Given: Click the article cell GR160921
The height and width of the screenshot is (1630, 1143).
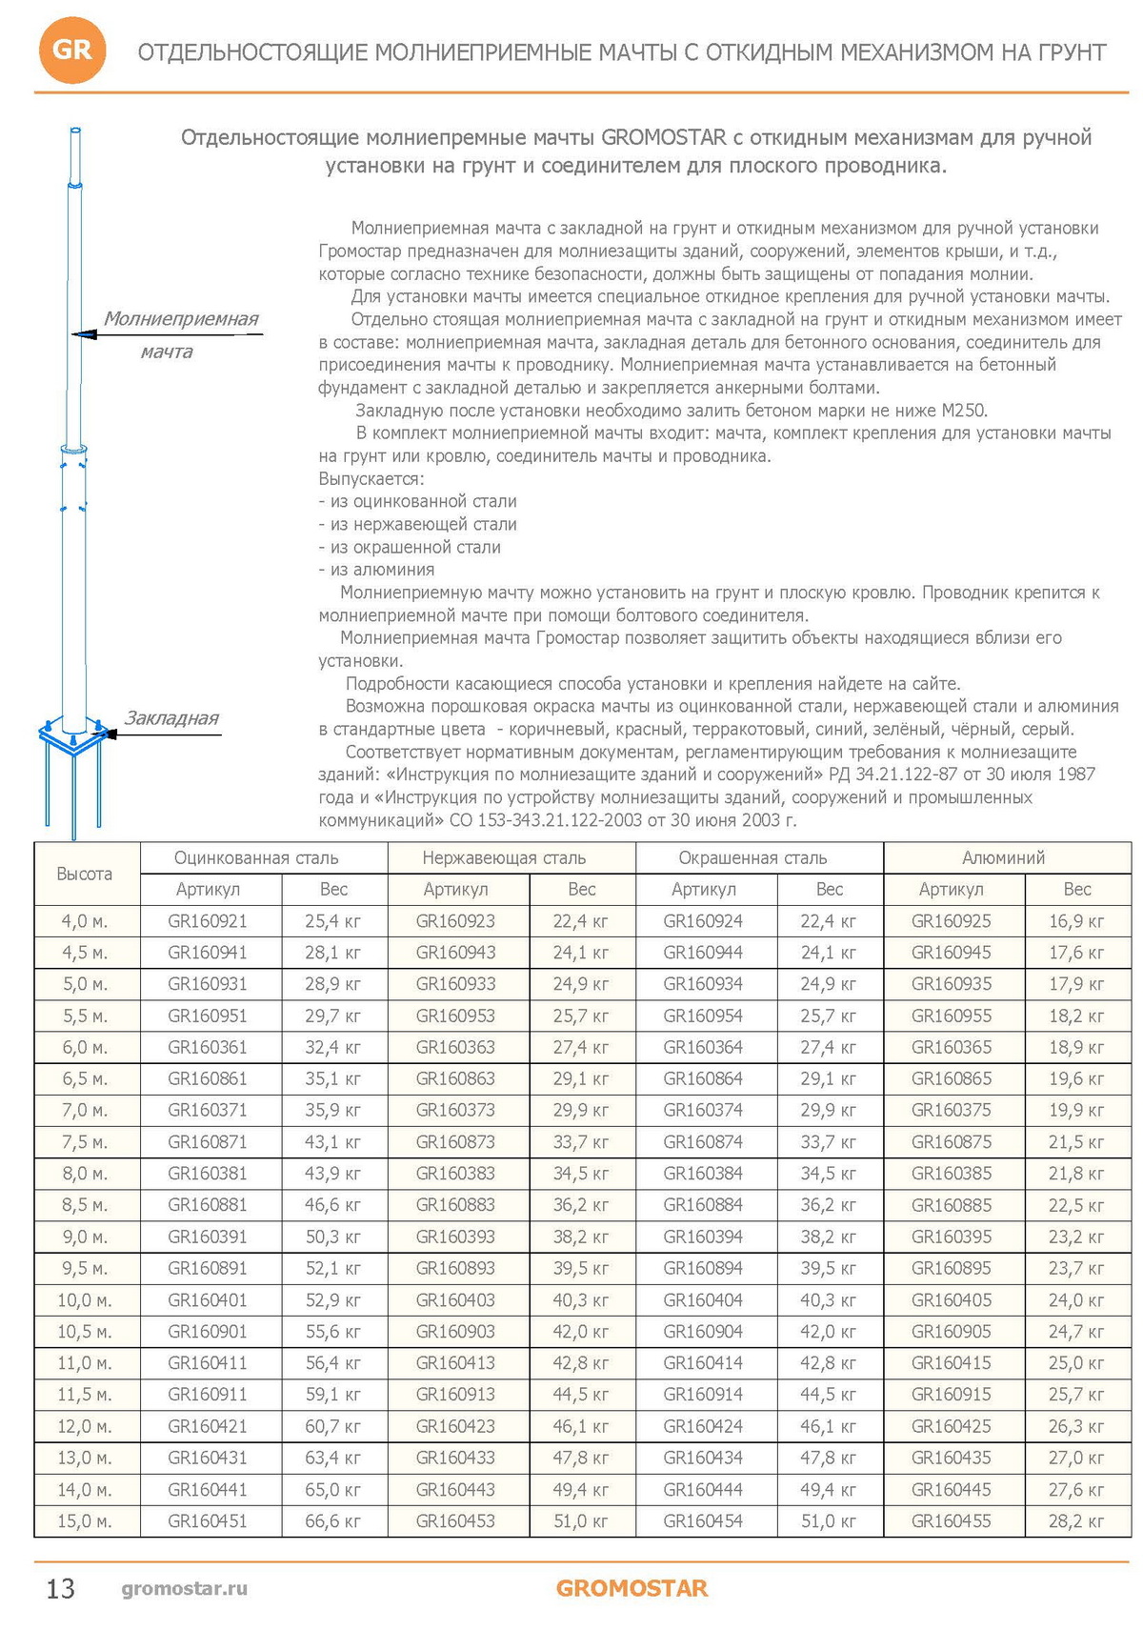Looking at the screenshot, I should [x=208, y=921].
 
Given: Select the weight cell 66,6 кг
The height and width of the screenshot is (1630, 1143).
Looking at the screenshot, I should [x=333, y=1520].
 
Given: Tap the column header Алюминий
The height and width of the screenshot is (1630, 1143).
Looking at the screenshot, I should [x=1003, y=857].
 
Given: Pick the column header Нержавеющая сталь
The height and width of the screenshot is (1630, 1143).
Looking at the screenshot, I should [x=504, y=857].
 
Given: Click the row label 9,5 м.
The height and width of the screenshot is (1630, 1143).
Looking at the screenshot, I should [x=85, y=1268].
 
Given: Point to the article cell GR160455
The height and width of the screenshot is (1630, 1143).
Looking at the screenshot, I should [x=951, y=1520].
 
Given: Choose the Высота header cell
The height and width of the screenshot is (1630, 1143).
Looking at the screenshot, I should [x=85, y=874].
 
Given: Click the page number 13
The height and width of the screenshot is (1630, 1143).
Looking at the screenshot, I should [x=60, y=1589].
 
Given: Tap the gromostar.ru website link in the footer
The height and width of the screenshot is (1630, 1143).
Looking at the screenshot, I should [x=185, y=1588].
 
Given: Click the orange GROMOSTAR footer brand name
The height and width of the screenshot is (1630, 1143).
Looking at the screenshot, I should [x=632, y=1588].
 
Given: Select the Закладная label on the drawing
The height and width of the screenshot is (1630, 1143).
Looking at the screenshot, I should [x=172, y=718].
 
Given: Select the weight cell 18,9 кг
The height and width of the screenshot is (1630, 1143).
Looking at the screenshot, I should [x=1076, y=1047].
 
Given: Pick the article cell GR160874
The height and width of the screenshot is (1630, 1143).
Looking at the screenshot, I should [x=703, y=1141].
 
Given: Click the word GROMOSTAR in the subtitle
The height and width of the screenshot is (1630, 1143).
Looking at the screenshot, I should [x=664, y=137].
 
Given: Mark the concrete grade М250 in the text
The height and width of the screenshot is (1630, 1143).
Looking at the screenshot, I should [x=964, y=411].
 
